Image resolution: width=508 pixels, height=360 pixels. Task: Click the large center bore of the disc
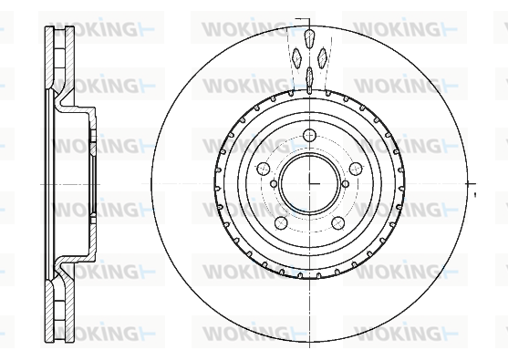[309, 183]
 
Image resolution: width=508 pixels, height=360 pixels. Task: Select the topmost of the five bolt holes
[309, 135]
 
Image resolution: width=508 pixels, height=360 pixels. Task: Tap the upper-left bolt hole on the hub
[263, 169]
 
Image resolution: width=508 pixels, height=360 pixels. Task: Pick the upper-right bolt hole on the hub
[356, 169]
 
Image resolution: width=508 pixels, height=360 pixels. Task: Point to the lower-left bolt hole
[281, 222]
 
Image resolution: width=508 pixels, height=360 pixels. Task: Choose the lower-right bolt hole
[338, 222]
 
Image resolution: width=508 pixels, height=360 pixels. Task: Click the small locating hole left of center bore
[274, 184]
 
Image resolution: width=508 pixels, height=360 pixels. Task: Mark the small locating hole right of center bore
[346, 184]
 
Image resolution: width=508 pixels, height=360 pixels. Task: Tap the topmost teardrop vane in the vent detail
[310, 38]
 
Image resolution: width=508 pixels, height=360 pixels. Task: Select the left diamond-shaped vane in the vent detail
[296, 58]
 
